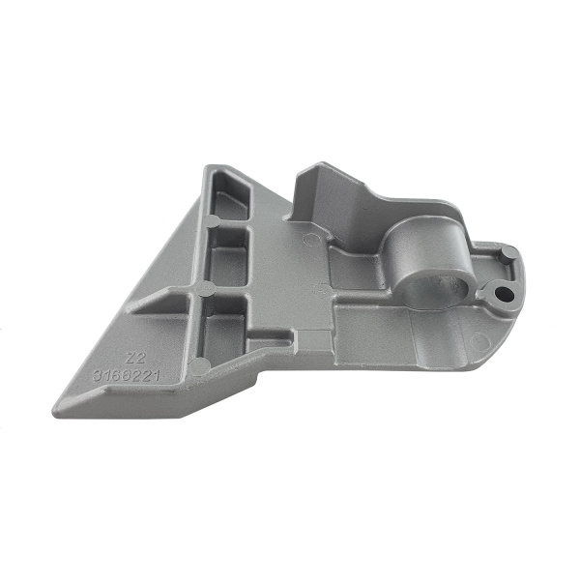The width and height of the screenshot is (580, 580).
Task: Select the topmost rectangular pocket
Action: tap(230, 204)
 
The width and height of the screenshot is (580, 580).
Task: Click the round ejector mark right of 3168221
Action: tap(199, 365)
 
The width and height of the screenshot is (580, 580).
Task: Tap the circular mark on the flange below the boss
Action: tap(474, 340)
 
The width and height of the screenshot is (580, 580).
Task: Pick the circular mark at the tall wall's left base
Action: tap(309, 237)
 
